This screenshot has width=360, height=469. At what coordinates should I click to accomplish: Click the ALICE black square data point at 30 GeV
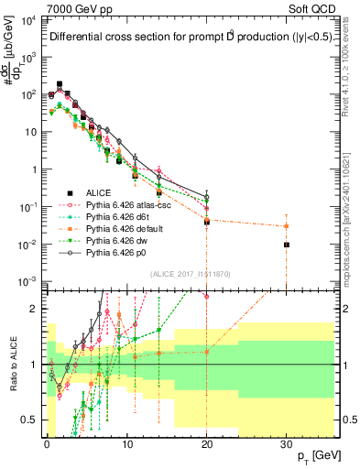click(x=287, y=245)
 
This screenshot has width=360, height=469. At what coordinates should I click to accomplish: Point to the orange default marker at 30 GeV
click(x=287, y=226)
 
